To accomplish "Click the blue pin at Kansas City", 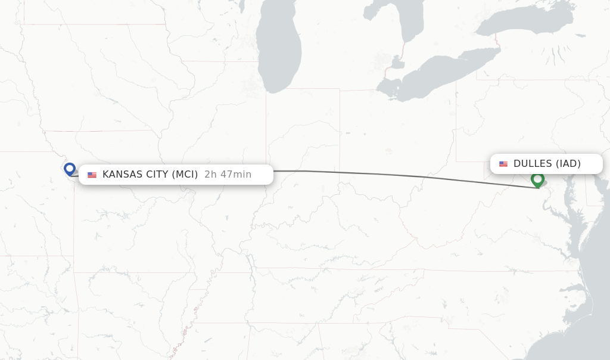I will [70, 169].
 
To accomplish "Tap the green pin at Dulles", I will [537, 179].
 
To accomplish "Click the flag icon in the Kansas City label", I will [92, 175].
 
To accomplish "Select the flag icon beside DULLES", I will [503, 164].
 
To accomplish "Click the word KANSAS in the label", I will [121, 175].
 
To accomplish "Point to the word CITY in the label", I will [155, 175].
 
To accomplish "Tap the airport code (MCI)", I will [185, 175].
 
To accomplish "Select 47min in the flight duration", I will [236, 175].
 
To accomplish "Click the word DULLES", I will [533, 164].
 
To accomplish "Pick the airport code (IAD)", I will [568, 164].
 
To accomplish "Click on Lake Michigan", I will [279, 54].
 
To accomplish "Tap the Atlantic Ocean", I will [596, 286].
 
